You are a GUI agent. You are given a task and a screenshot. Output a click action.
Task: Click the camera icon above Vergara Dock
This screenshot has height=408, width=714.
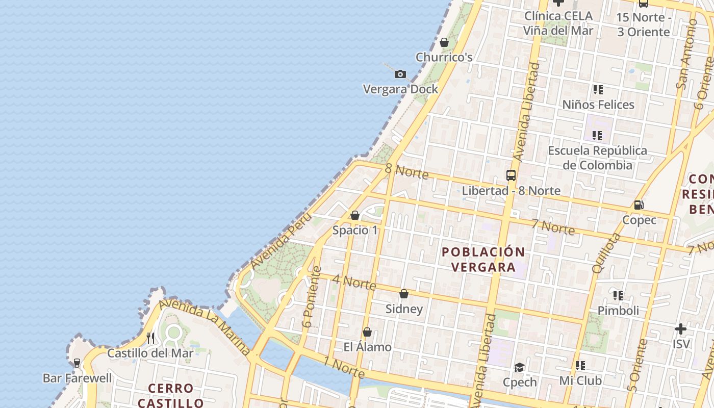(400, 74)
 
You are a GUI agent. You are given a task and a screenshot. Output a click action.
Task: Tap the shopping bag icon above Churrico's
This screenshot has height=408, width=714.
(444, 42)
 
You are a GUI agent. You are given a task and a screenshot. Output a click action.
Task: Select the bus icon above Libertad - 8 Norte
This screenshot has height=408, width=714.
(511, 175)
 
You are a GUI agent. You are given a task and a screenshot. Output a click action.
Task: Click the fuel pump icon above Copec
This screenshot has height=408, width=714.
(638, 205)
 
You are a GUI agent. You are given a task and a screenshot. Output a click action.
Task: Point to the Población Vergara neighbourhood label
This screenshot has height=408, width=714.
(483, 259)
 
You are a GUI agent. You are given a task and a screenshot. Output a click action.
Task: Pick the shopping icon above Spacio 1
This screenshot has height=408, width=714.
(355, 215)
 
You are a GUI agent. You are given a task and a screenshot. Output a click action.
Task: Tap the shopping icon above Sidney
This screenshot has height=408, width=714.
(404, 294)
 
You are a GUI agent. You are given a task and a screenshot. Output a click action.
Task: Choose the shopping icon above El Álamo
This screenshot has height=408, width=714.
(367, 333)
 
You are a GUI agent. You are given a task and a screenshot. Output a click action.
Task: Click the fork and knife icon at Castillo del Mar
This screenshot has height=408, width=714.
(150, 338)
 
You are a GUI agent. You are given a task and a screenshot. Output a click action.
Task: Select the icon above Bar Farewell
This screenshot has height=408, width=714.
(77, 363)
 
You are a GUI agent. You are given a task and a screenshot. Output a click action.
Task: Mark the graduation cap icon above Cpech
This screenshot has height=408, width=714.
(519, 367)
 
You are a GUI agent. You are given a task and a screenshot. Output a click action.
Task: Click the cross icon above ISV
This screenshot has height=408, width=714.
(681, 329)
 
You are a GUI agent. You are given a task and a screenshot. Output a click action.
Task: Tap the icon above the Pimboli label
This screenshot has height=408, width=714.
(618, 296)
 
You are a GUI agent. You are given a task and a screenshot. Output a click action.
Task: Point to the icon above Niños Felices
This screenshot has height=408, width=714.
(598, 90)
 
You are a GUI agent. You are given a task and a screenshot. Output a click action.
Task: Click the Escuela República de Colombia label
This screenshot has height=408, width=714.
(597, 158)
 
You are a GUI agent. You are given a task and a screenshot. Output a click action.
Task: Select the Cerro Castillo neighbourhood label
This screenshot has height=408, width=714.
(170, 395)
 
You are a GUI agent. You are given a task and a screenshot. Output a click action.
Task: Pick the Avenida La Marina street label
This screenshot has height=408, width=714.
(205, 326)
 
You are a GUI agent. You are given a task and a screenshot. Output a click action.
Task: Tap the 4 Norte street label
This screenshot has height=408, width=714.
(354, 282)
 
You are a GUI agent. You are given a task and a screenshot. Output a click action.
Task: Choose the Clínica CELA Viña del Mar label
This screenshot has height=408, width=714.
(558, 23)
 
